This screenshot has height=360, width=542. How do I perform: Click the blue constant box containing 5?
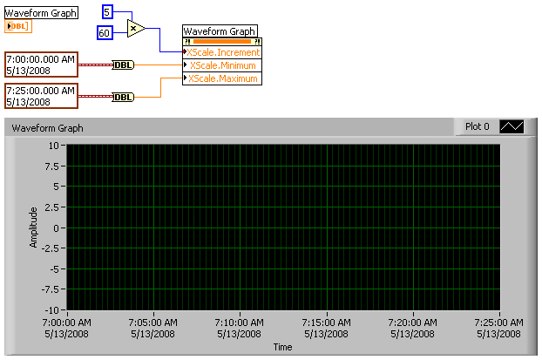[x=107, y=11]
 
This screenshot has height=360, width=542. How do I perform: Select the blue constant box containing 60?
[x=105, y=32]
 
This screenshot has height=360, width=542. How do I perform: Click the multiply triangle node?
[x=134, y=28]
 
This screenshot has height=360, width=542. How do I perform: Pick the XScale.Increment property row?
[x=222, y=52]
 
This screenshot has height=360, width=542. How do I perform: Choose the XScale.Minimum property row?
[x=222, y=65]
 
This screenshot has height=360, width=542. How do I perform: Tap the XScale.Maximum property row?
[x=222, y=78]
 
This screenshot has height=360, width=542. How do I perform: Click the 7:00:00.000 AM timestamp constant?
[x=41, y=65]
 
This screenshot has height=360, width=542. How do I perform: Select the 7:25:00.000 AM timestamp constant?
[x=41, y=95]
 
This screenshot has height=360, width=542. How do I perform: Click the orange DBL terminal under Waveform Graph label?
[x=18, y=26]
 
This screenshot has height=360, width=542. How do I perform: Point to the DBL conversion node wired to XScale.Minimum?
[x=124, y=65]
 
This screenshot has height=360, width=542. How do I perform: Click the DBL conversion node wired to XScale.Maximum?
[x=124, y=97]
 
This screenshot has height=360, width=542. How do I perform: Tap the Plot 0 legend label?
[x=477, y=126]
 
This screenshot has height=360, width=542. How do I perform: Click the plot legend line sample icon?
[x=512, y=126]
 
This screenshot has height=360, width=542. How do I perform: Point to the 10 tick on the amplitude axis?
[x=54, y=146]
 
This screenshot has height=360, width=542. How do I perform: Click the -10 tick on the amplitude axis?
[x=52, y=310]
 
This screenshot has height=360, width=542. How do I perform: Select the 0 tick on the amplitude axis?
[x=56, y=228]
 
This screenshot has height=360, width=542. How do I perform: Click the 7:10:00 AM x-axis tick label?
[x=239, y=327]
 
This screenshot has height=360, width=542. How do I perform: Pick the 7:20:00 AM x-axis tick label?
[x=412, y=327]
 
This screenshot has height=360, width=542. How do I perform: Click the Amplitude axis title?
[x=34, y=227]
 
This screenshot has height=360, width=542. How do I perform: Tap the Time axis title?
[x=282, y=347]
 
